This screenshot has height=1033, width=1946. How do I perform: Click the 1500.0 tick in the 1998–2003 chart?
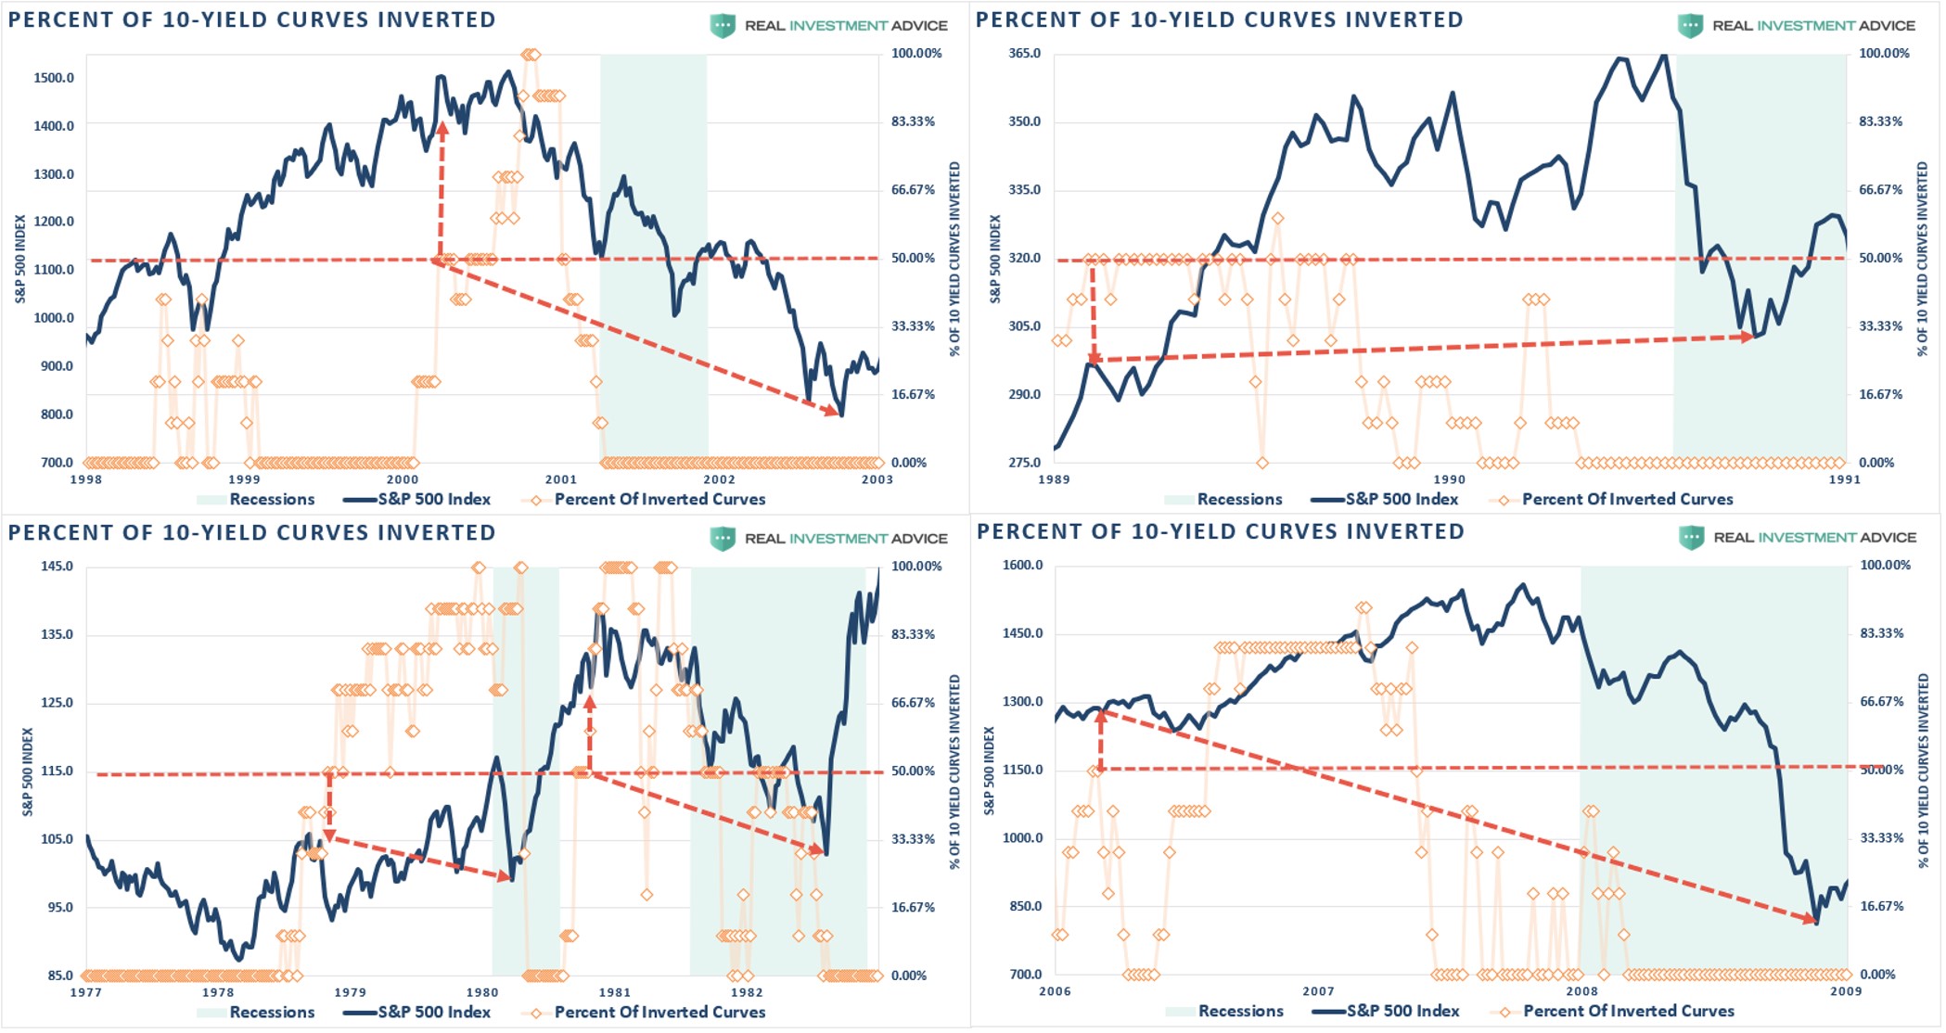[x=54, y=78]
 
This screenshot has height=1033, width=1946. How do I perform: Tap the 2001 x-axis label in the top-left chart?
[x=560, y=479]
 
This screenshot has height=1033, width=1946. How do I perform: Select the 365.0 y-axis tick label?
[x=1024, y=54]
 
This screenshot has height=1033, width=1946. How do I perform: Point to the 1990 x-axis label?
[x=1449, y=479]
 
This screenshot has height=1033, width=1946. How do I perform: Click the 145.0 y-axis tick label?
[x=57, y=567]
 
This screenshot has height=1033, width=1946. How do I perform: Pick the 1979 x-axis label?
[x=350, y=992]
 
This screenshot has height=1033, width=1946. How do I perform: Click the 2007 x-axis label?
[x=1318, y=991]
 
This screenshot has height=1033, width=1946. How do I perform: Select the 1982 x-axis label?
[x=747, y=992]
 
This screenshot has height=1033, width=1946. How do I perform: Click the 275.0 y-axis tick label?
[x=1024, y=463]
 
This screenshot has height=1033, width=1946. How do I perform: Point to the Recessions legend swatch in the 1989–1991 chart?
[x=1178, y=500]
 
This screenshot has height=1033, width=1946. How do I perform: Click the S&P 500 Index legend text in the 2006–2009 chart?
[x=1402, y=1012]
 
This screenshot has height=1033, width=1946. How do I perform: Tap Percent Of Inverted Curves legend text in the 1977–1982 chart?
[x=659, y=1013]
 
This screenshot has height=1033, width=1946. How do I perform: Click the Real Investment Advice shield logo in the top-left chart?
[x=723, y=26]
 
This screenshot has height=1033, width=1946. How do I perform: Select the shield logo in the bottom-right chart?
[x=1691, y=538]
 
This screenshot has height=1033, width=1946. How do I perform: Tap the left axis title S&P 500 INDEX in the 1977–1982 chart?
[x=28, y=772]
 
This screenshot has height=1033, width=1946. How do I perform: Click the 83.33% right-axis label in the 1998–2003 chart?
[x=913, y=121]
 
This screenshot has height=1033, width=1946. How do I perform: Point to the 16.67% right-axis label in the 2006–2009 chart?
[x=1881, y=907]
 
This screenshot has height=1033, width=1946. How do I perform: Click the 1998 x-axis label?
[x=86, y=479]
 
